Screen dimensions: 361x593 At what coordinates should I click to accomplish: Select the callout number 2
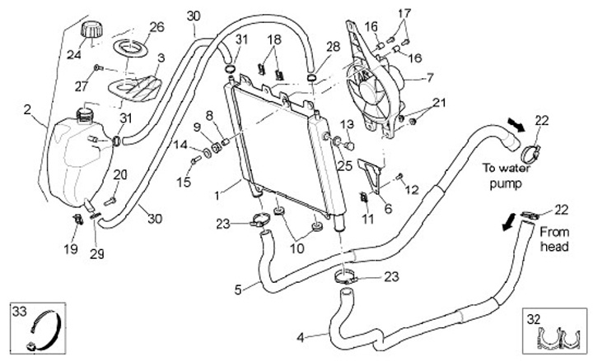[x=27, y=109]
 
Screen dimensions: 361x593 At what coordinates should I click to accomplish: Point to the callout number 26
[x=156, y=27]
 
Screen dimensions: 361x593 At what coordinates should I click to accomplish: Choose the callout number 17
[x=404, y=14]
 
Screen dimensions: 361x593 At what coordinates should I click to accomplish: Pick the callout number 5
[x=238, y=289]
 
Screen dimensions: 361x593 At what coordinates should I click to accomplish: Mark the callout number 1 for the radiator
[x=217, y=197]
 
